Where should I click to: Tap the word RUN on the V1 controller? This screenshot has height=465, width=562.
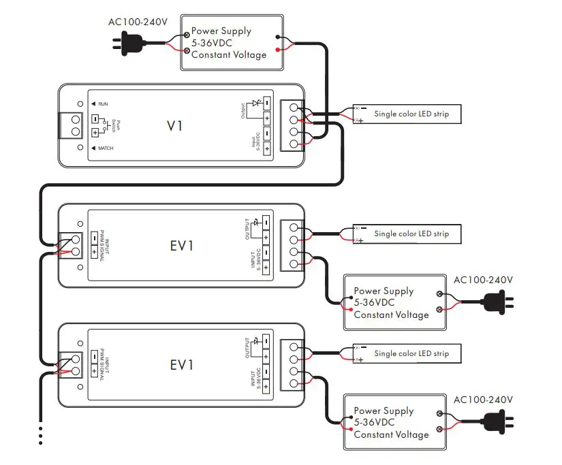point(103,103)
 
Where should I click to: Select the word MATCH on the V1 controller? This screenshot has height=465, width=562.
point(106,148)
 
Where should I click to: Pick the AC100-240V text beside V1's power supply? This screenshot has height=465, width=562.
point(138,22)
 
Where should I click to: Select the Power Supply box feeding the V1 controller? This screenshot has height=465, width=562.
point(232,42)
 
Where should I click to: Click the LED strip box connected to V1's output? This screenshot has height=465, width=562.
point(406,114)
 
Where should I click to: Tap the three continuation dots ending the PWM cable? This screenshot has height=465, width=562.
point(41,435)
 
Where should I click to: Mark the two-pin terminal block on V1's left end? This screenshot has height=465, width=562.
point(76,125)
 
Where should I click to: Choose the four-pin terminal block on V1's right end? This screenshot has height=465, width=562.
point(294,125)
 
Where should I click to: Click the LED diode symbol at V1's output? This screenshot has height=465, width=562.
point(256,104)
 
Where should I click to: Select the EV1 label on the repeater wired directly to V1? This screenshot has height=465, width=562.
point(182,245)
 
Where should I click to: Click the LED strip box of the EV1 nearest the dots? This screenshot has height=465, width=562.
point(406,353)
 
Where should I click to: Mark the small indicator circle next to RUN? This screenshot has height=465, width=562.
point(80,103)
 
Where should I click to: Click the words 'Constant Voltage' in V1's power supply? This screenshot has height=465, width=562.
point(229,54)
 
